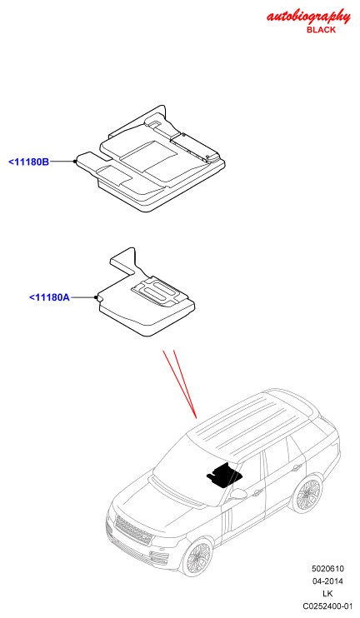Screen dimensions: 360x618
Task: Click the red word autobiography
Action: [308, 17]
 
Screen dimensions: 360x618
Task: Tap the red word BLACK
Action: [321, 30]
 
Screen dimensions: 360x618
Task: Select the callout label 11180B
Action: [29, 162]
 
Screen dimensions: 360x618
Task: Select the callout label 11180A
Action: [49, 297]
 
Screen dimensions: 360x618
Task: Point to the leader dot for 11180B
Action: [74, 162]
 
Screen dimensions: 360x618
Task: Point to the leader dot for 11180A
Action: [96, 297]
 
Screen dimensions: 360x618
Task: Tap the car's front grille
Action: [133, 530]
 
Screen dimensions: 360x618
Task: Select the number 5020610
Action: [328, 569]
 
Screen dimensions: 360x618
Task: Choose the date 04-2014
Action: [328, 581]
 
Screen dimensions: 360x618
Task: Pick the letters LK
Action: [327, 594]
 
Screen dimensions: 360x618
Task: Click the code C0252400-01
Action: [327, 606]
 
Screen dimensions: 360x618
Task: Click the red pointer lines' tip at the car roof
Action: [197, 417]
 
